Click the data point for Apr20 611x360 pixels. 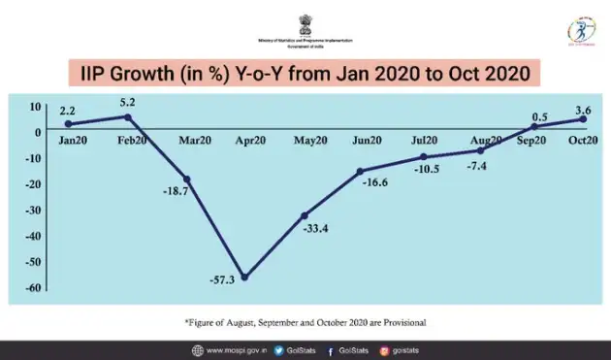click(x=244, y=278)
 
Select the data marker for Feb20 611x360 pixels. click(x=130, y=117)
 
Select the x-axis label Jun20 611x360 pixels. click(x=367, y=142)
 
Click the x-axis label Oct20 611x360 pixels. click(x=582, y=141)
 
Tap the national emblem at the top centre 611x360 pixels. click(x=305, y=20)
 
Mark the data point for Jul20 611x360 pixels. click(x=423, y=156)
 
